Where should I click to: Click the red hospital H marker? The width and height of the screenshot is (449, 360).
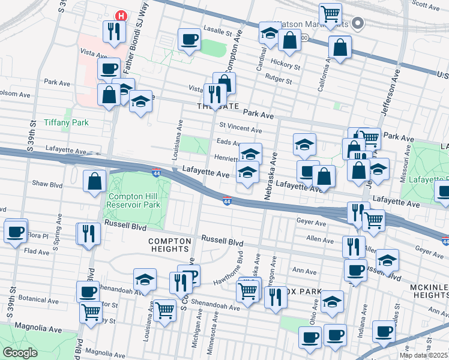point(121,16)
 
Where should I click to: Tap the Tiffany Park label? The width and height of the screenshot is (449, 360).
point(66,122)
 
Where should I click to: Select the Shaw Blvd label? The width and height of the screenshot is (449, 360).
point(47,184)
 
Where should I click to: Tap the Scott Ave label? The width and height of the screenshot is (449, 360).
point(427,5)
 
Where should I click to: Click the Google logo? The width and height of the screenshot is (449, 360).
point(20,352)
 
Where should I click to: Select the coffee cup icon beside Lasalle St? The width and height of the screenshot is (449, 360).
point(189,40)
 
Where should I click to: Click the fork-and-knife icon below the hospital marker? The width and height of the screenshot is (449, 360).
point(113,32)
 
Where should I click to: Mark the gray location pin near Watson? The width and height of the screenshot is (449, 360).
point(358,24)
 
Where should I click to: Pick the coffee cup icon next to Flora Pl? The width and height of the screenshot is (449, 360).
point(15,231)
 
